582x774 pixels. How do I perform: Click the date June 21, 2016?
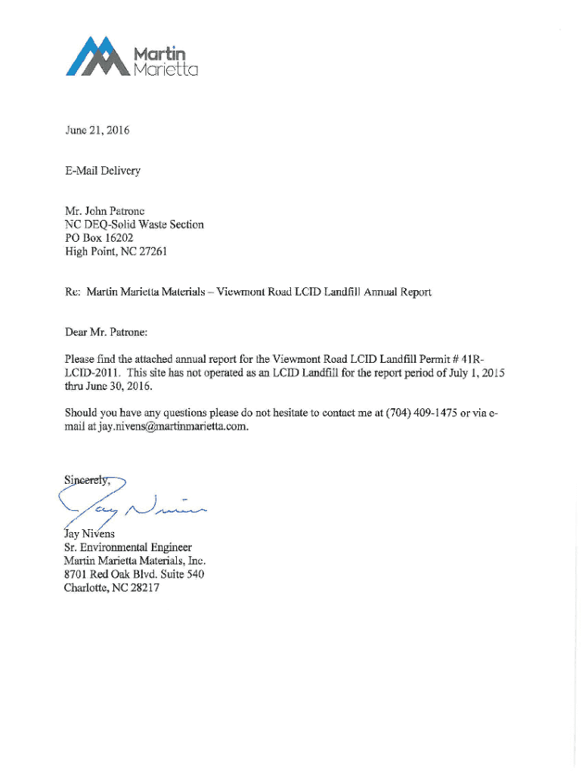[97, 130]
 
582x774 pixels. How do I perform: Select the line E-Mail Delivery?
[102, 171]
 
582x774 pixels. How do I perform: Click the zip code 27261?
[151, 252]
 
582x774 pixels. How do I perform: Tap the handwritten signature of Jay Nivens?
[136, 504]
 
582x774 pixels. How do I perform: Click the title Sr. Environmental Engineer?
[128, 547]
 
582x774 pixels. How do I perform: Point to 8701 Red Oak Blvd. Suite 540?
[134, 574]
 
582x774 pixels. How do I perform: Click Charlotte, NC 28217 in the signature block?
[112, 588]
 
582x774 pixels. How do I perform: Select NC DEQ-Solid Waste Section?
[134, 224]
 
